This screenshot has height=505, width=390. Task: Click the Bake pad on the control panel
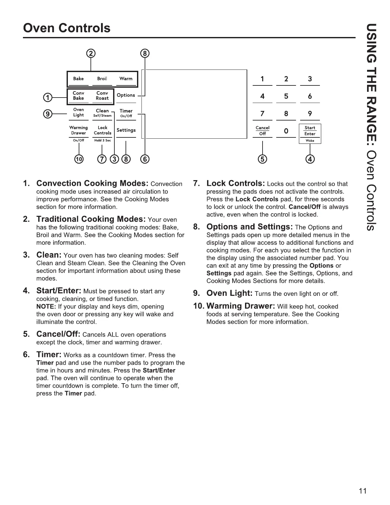click(x=78, y=79)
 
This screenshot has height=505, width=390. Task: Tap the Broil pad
click(x=102, y=79)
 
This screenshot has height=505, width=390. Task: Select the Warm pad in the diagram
click(x=126, y=79)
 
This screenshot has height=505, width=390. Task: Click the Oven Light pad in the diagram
click(x=78, y=113)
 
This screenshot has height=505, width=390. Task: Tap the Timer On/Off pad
click(x=126, y=113)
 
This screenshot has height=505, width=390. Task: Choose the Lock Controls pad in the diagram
click(x=103, y=130)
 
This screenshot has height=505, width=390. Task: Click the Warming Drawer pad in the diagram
click(x=78, y=130)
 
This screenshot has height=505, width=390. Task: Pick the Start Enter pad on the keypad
click(x=310, y=131)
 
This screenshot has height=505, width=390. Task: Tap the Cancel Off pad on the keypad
click(x=263, y=131)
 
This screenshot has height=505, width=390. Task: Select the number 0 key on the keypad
click(x=286, y=131)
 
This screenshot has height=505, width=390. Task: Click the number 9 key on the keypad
click(x=310, y=113)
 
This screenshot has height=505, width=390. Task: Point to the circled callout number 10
click(x=79, y=159)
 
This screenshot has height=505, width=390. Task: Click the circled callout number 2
click(x=91, y=53)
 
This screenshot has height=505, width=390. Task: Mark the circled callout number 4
click(x=310, y=159)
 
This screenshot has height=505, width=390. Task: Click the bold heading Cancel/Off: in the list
click(x=58, y=334)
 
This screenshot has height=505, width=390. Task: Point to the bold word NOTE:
click(x=46, y=307)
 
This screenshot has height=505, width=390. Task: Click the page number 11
click(x=363, y=491)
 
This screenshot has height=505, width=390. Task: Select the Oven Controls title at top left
click(x=67, y=28)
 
